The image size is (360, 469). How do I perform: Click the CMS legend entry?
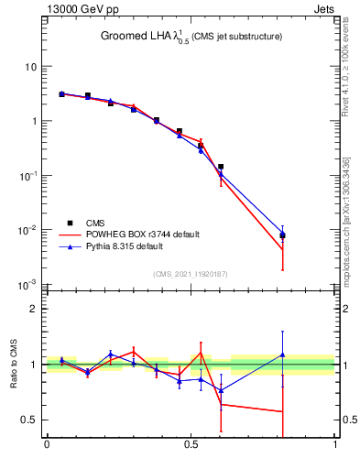95,223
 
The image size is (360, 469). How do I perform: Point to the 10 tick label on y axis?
31,67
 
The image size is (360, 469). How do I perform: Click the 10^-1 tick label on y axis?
29,176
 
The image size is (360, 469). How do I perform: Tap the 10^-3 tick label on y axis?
29,285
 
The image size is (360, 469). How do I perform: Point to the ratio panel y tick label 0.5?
30,420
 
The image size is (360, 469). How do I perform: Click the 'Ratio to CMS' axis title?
13,364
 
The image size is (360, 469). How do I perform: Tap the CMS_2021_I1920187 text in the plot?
191,273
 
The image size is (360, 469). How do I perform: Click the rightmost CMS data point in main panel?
282,235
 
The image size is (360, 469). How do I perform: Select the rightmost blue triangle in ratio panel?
282,354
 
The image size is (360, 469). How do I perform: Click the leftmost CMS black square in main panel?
61,94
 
